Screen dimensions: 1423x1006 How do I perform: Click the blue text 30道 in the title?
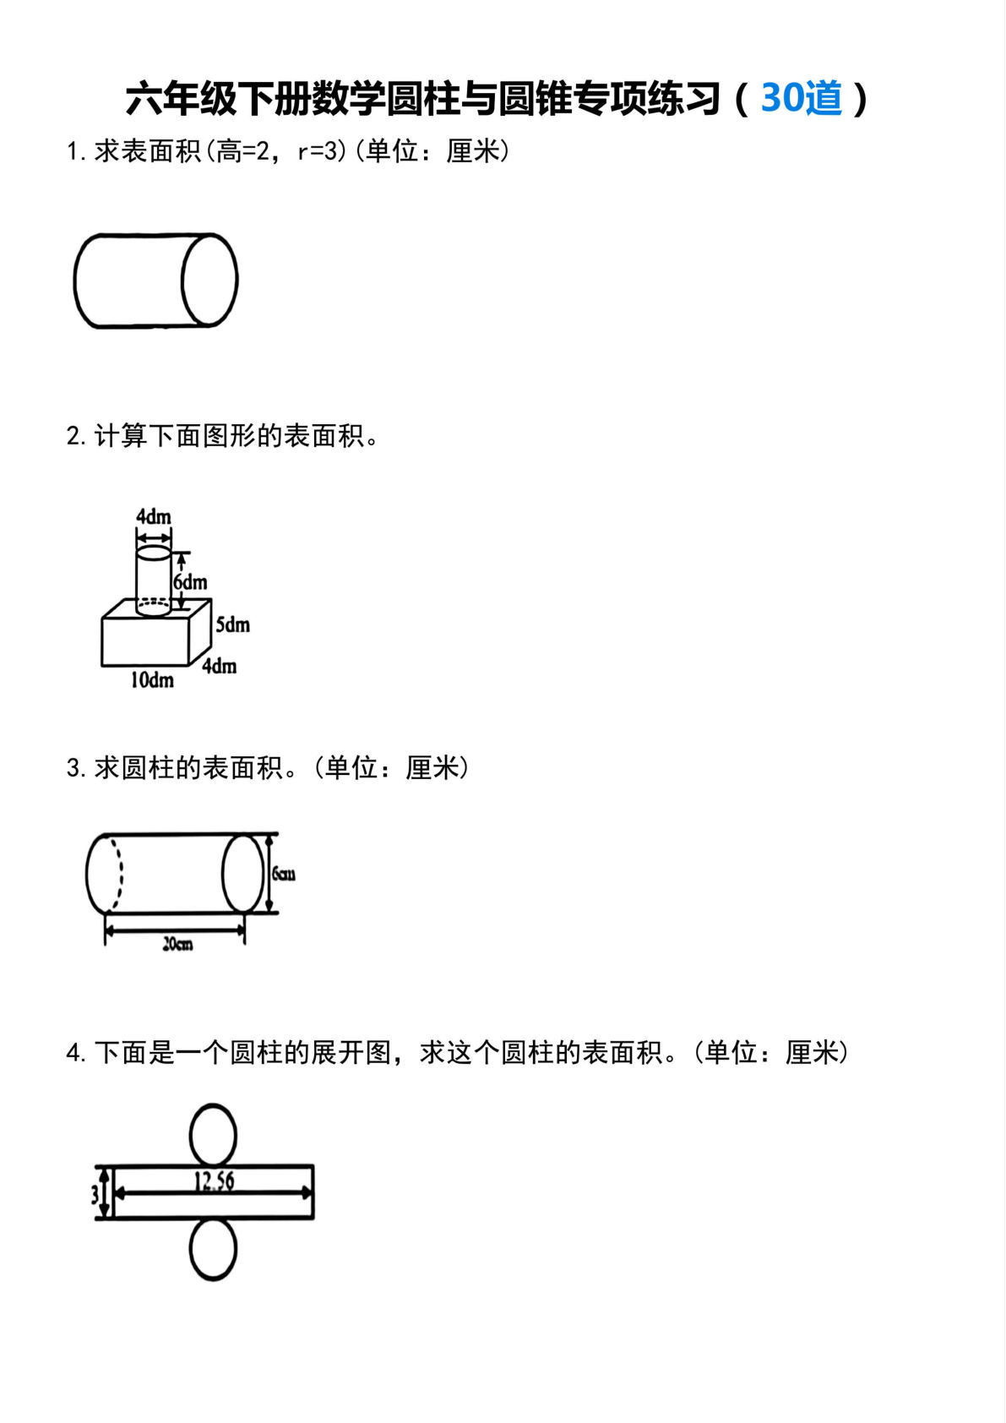[802, 98]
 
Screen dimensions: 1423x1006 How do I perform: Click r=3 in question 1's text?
[322, 151]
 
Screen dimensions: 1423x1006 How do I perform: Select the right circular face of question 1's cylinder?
[209, 280]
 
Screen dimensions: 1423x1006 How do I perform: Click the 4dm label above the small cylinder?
[154, 516]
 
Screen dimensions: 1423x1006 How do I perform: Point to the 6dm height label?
[191, 582]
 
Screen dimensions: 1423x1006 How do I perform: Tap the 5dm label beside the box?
[232, 624]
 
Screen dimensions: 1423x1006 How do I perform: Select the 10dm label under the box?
[151, 680]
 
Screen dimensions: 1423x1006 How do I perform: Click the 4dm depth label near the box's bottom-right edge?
[220, 666]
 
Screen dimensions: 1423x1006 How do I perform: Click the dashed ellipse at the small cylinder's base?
[154, 604]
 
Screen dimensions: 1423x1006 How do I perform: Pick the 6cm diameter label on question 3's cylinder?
[284, 874]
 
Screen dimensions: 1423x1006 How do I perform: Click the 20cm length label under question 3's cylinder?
[177, 944]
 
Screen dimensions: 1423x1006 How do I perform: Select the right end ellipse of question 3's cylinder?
[242, 874]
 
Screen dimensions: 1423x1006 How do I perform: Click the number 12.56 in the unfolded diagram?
[214, 1180]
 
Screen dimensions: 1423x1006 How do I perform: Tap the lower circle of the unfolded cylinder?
[213, 1249]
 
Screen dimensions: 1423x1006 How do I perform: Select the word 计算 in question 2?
[121, 436]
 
